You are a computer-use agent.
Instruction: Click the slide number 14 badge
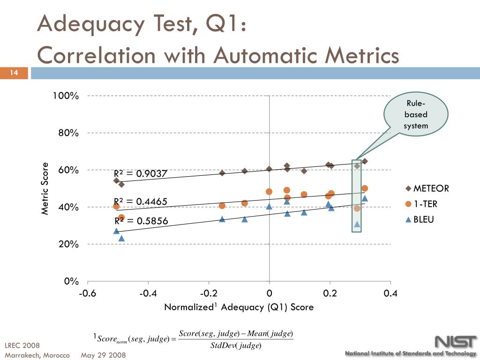[x=14, y=73]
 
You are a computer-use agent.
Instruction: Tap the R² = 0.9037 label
[x=140, y=174]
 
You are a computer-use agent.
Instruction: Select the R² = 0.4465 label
[x=140, y=202]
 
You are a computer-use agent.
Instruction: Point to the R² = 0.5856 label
[x=141, y=221]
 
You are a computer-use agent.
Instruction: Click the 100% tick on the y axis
[x=66, y=96]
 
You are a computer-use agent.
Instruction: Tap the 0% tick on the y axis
[x=71, y=281]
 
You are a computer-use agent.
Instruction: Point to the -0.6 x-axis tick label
[x=87, y=293]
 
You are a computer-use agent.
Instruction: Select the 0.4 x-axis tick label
[x=390, y=293]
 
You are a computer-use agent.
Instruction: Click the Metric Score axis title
[x=45, y=188]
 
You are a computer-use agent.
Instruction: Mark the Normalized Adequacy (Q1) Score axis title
[x=239, y=307]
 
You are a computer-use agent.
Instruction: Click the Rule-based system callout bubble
[x=416, y=115]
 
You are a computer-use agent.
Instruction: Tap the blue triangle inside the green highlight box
[x=357, y=224]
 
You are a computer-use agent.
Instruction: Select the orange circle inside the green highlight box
[x=357, y=209]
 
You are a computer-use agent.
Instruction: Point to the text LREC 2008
[x=22, y=346]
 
